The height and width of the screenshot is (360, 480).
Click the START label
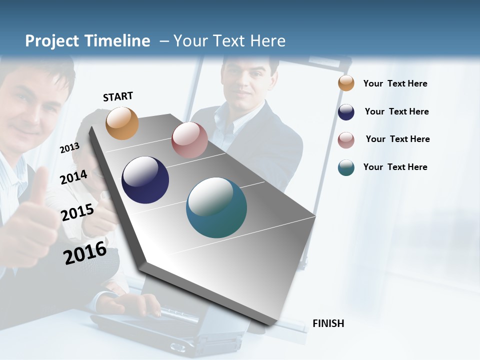click(x=118, y=96)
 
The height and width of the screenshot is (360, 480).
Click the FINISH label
click(x=328, y=323)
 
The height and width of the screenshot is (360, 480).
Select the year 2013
click(x=69, y=148)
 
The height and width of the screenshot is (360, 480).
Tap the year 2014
click(x=73, y=177)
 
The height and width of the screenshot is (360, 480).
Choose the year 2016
click(x=85, y=252)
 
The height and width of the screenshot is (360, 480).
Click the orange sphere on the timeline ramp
click(x=122, y=123)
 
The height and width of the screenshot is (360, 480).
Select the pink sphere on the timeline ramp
click(x=189, y=140)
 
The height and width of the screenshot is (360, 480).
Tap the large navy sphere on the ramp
click(x=145, y=180)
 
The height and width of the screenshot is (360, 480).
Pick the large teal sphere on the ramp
click(x=216, y=207)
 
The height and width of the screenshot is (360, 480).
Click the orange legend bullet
click(x=346, y=83)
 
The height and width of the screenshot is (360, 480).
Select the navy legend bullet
click(x=346, y=111)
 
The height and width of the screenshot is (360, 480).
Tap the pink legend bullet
click(x=346, y=139)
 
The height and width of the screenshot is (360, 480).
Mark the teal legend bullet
click(x=346, y=167)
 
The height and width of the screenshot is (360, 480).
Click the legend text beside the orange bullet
click(x=395, y=83)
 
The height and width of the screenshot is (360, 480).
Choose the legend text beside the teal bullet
click(x=395, y=167)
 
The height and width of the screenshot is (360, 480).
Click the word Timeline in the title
click(x=118, y=41)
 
